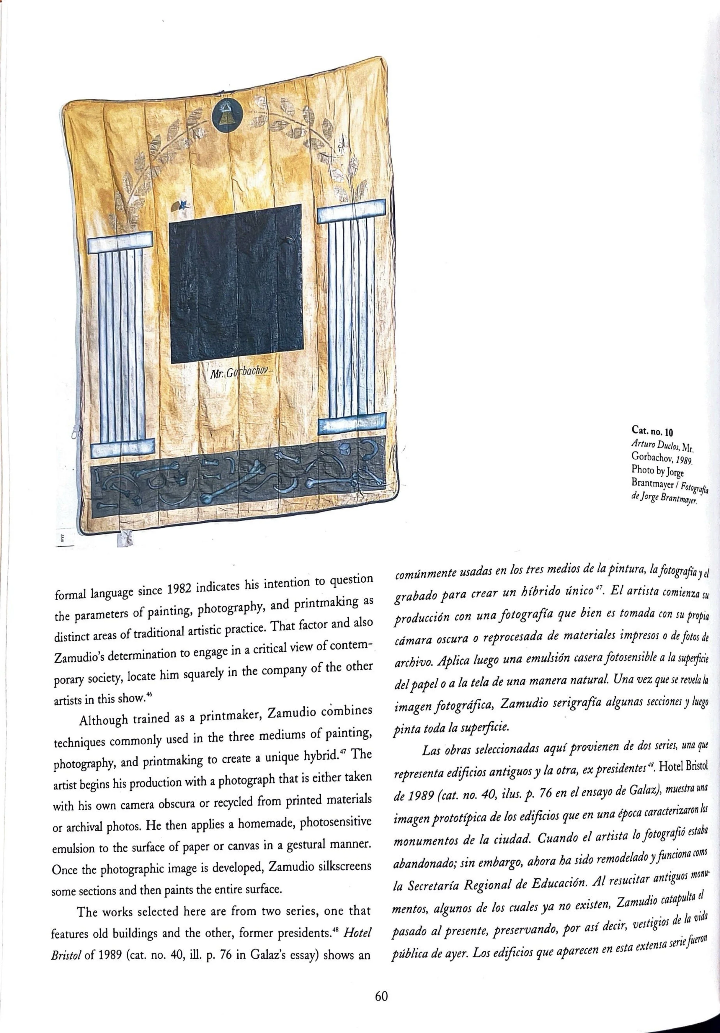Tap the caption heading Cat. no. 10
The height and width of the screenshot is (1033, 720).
[652, 431]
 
